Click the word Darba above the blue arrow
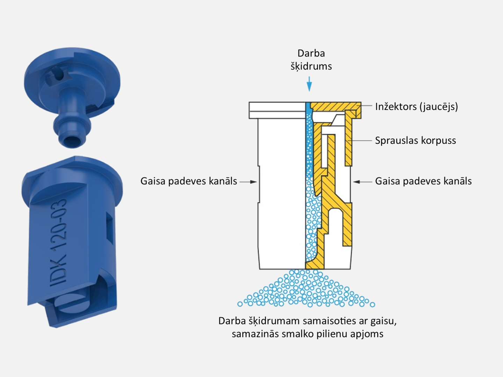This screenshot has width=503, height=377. [311, 53]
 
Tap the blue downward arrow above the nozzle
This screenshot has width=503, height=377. [309, 84]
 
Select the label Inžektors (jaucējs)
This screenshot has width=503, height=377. [416, 107]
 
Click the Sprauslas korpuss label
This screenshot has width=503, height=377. [415, 140]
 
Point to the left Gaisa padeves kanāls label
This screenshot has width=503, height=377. [189, 181]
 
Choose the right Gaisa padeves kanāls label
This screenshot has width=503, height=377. [423, 181]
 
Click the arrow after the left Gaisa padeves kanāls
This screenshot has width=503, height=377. [248, 182]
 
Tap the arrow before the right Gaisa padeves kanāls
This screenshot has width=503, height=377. [363, 182]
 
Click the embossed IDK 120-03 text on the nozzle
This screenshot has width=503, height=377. [58, 243]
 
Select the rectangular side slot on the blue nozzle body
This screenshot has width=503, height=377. [110, 228]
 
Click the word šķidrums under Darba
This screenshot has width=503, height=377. [311, 66]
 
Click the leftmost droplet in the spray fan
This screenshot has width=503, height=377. [240, 304]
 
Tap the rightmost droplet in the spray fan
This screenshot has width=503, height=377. [372, 304]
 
